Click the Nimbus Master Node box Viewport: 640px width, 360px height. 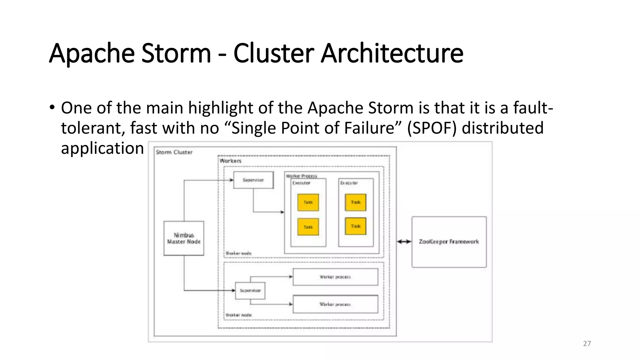pyautogui.click(x=184, y=238)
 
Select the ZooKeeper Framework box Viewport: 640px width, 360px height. pyautogui.click(x=449, y=242)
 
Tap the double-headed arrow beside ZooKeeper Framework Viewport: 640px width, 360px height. pyautogui.click(x=404, y=241)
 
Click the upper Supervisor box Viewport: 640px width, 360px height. pyautogui.click(x=253, y=180)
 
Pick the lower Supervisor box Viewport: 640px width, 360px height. pyautogui.click(x=250, y=291)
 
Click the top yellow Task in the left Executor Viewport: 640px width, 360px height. pyautogui.click(x=308, y=202)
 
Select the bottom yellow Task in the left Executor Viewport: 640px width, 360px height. pyautogui.click(x=308, y=227)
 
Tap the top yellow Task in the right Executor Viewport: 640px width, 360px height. pyautogui.click(x=356, y=202)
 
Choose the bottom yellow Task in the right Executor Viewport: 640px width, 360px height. pyautogui.click(x=356, y=226)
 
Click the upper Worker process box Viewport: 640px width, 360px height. pyautogui.click(x=335, y=277)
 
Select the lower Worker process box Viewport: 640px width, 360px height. pyautogui.click(x=335, y=304)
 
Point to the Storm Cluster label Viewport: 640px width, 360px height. pyautogui.click(x=174, y=152)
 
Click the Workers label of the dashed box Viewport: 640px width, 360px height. pyautogui.click(x=231, y=161)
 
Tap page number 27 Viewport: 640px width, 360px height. pyautogui.click(x=587, y=343)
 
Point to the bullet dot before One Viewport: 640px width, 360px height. pyautogui.click(x=52, y=107)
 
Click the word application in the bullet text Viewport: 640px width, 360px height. pyautogui.click(x=102, y=148)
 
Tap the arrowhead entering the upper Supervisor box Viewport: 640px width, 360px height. pyautogui.click(x=231, y=180)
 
